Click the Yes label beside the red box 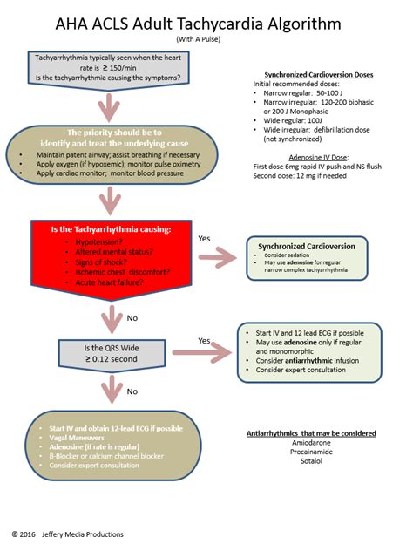coord(204,237)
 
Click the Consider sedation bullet coord(288,259)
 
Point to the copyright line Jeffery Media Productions coord(68,534)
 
